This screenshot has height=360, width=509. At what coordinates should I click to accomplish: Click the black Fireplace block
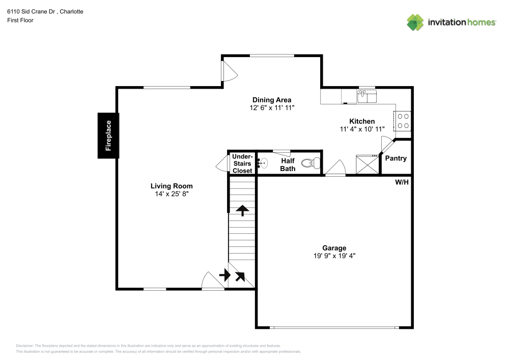coord(108,135)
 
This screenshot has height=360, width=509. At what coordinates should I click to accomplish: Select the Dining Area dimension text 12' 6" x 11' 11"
coord(272,107)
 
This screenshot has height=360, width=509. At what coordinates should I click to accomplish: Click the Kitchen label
coord(362,121)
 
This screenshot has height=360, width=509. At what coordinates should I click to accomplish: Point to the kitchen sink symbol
coord(366,96)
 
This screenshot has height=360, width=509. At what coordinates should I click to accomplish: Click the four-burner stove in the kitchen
coord(403,121)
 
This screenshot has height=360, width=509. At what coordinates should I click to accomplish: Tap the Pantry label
coord(395,158)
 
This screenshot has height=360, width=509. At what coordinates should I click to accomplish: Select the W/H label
coord(402,182)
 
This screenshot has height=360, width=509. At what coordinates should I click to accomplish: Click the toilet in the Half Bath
coord(310,163)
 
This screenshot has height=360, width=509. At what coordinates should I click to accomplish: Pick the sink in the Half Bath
coord(262,163)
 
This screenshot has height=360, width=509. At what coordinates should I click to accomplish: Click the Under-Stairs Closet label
coord(242,163)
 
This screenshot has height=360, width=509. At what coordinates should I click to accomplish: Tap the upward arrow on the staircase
coord(242,210)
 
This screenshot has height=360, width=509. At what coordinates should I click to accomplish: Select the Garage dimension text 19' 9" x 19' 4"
coord(334,256)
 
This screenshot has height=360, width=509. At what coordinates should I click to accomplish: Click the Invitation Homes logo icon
coord(415,22)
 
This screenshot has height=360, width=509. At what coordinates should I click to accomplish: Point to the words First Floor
coord(20,20)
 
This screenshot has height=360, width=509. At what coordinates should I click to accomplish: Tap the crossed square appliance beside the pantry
coord(366,164)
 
